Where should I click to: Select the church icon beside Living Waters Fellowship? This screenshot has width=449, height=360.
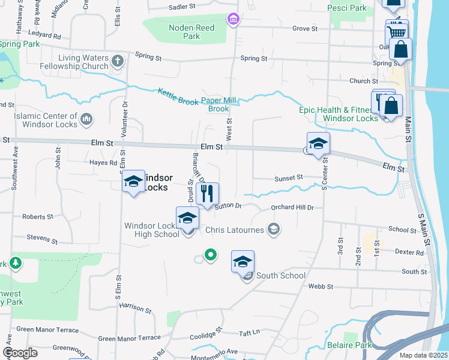[118, 61]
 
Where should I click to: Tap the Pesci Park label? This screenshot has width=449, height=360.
[347, 8]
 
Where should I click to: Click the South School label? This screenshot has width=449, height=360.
[280, 275]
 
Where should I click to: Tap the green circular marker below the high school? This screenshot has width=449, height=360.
[210, 255]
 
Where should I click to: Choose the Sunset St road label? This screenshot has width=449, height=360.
[288, 178]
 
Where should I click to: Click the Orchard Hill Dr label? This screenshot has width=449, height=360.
[293, 208]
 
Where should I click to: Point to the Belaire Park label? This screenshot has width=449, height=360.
[349, 345]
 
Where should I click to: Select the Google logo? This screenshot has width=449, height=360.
[20, 353]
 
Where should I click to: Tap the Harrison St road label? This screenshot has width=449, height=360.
[135, 308]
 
